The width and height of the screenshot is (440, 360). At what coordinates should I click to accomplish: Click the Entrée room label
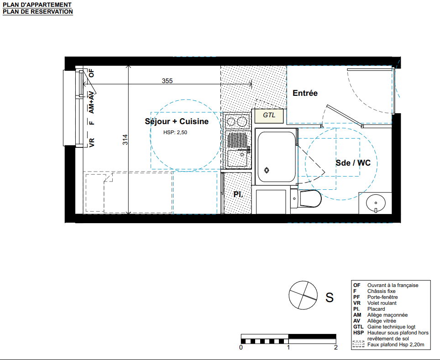(305, 93)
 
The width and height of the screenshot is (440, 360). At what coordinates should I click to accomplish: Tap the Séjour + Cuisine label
(177, 121)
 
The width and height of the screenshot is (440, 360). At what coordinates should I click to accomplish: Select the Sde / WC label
(353, 163)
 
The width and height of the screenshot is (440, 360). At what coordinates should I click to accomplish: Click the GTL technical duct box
(269, 115)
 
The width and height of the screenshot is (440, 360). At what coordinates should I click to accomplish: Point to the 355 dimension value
(167, 81)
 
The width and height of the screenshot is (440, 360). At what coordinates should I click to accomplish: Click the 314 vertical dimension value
(125, 140)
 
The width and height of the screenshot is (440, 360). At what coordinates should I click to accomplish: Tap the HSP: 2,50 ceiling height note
(175, 132)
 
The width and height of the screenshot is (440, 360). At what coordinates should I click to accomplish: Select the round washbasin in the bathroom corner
(376, 203)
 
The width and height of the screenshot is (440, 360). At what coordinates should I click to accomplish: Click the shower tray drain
(267, 170)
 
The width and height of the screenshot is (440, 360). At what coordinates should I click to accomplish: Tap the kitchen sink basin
(237, 158)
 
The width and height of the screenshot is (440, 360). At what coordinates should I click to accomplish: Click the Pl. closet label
(238, 194)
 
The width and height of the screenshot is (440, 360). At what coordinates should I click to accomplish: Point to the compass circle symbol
(303, 295)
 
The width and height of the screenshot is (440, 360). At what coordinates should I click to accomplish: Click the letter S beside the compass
(330, 297)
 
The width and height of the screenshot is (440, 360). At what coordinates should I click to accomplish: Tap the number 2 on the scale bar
(335, 347)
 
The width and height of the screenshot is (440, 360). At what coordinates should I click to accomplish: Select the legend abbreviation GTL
(358, 327)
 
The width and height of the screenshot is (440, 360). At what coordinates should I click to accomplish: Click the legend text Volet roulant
(382, 303)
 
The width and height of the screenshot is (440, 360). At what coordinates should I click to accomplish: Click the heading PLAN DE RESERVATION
(38, 12)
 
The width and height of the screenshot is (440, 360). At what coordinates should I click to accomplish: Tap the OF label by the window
(91, 73)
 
